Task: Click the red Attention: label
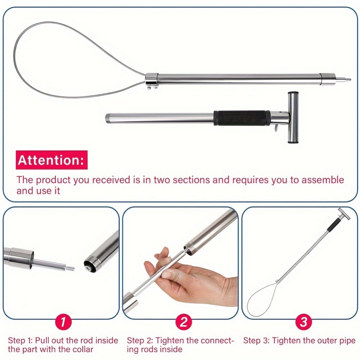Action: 51,160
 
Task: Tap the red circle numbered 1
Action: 63,321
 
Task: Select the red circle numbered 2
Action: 184,321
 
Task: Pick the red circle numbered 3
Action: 303,321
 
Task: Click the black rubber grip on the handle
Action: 242,118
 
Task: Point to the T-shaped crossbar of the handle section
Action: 293,117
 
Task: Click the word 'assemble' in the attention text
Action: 323,180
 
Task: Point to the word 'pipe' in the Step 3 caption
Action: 347,341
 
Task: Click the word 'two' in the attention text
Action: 162,180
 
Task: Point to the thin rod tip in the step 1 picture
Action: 70,267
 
